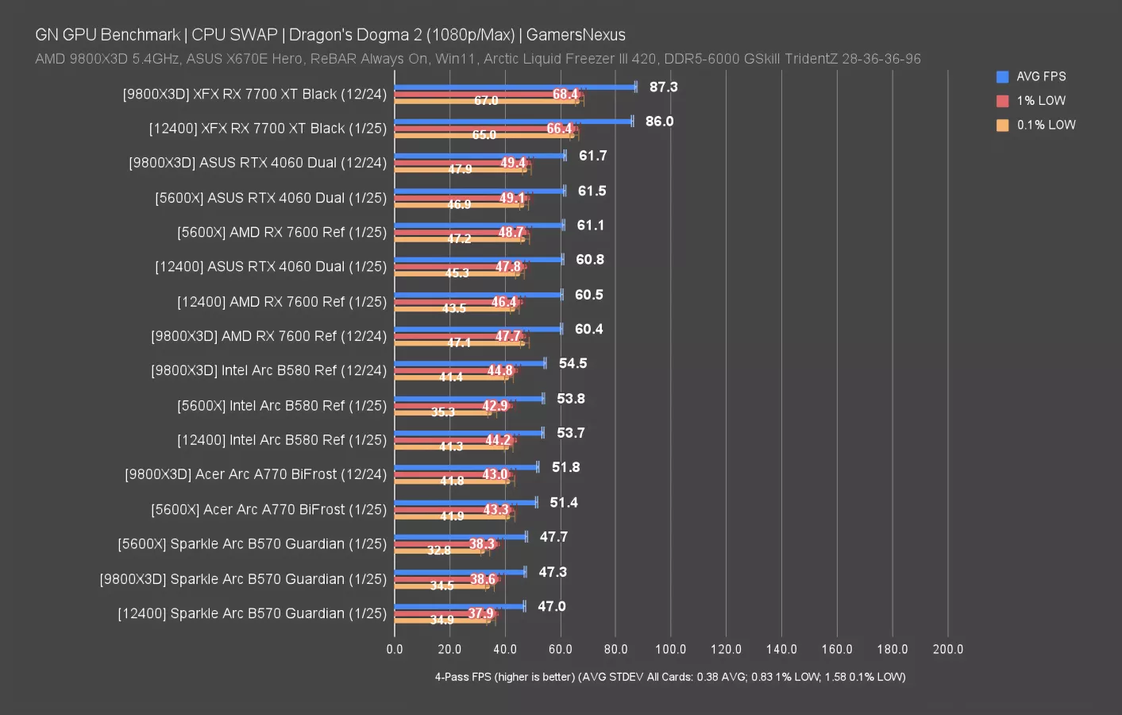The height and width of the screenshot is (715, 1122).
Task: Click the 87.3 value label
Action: point(663,87)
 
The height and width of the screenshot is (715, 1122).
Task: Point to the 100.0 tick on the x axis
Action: point(670,649)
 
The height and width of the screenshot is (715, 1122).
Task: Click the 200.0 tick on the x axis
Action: point(947,649)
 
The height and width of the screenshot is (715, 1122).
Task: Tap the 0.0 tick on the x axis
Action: point(395,649)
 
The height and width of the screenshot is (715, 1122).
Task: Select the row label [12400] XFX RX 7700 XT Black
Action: point(268,128)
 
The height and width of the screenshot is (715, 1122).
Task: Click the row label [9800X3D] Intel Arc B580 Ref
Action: point(268,370)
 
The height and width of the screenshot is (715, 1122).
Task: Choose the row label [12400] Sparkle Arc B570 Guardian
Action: point(252,613)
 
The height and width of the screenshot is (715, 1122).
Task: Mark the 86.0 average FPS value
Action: point(659,122)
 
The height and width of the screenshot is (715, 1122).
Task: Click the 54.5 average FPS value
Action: point(573,363)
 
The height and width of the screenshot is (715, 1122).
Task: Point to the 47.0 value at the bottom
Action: point(551,606)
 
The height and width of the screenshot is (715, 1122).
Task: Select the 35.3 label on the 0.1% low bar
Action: point(443,412)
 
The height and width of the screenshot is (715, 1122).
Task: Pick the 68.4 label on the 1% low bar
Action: point(565,95)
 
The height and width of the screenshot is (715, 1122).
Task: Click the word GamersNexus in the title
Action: point(576,35)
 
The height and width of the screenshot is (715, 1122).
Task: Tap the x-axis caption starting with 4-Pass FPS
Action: point(669,677)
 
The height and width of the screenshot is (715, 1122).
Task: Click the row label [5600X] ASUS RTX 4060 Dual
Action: point(271,198)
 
